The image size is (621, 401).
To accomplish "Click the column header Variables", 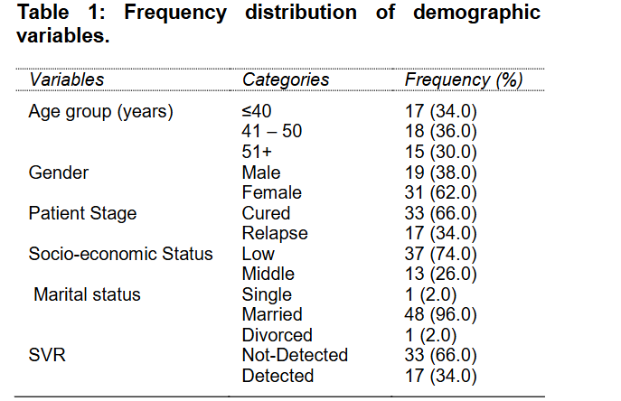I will point(67,79).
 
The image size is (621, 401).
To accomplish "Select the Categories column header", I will point(286,79).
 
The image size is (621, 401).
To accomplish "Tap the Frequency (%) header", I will point(464,79).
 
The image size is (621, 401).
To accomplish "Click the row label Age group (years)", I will point(101,111).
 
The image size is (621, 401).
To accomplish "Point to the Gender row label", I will point(58,172).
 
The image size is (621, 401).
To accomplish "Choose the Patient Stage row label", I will point(83,213).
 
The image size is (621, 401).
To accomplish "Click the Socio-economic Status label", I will point(121,254).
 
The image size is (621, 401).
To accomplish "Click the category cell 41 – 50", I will point(272,131).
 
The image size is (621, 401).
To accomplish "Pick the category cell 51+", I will point(258,152).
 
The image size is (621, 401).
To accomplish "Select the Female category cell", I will point(272,192).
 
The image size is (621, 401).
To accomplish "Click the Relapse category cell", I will point(275,233).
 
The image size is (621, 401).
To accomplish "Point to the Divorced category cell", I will point(278,335).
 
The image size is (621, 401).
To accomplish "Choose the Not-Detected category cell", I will point(295,355).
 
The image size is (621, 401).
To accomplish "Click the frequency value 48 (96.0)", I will point(440,314).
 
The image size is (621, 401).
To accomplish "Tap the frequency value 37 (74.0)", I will point(440,254).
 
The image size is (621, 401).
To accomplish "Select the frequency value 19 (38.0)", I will point(440,172).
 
